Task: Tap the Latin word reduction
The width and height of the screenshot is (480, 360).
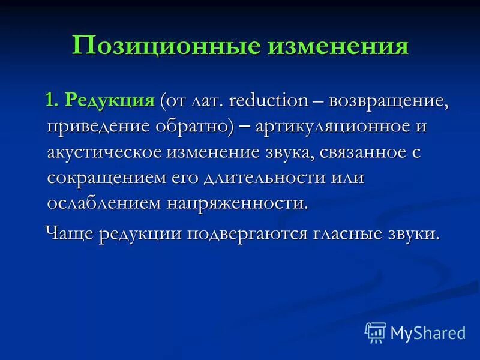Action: [x=269, y=100]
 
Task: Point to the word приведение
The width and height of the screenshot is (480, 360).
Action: [x=97, y=126]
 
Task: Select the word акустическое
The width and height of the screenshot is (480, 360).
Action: [x=103, y=152]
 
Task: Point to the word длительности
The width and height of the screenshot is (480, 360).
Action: [x=272, y=178]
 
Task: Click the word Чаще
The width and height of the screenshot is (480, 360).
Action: [x=71, y=233]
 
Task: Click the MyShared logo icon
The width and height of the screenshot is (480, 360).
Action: [x=375, y=332]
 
